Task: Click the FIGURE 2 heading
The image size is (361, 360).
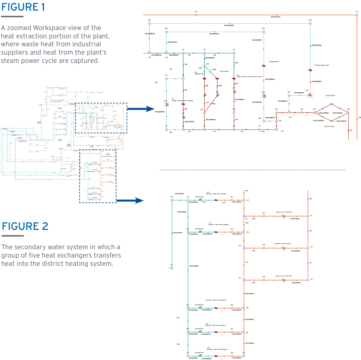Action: tap(25, 226)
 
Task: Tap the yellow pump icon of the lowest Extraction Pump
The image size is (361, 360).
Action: tap(283, 280)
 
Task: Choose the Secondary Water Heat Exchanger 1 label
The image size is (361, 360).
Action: tap(216, 194)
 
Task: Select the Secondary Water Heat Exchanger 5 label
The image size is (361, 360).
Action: tap(216, 349)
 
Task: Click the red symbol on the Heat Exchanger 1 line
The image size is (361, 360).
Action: tap(216, 201)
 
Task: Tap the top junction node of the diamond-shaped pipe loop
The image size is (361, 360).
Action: tap(331, 104)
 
